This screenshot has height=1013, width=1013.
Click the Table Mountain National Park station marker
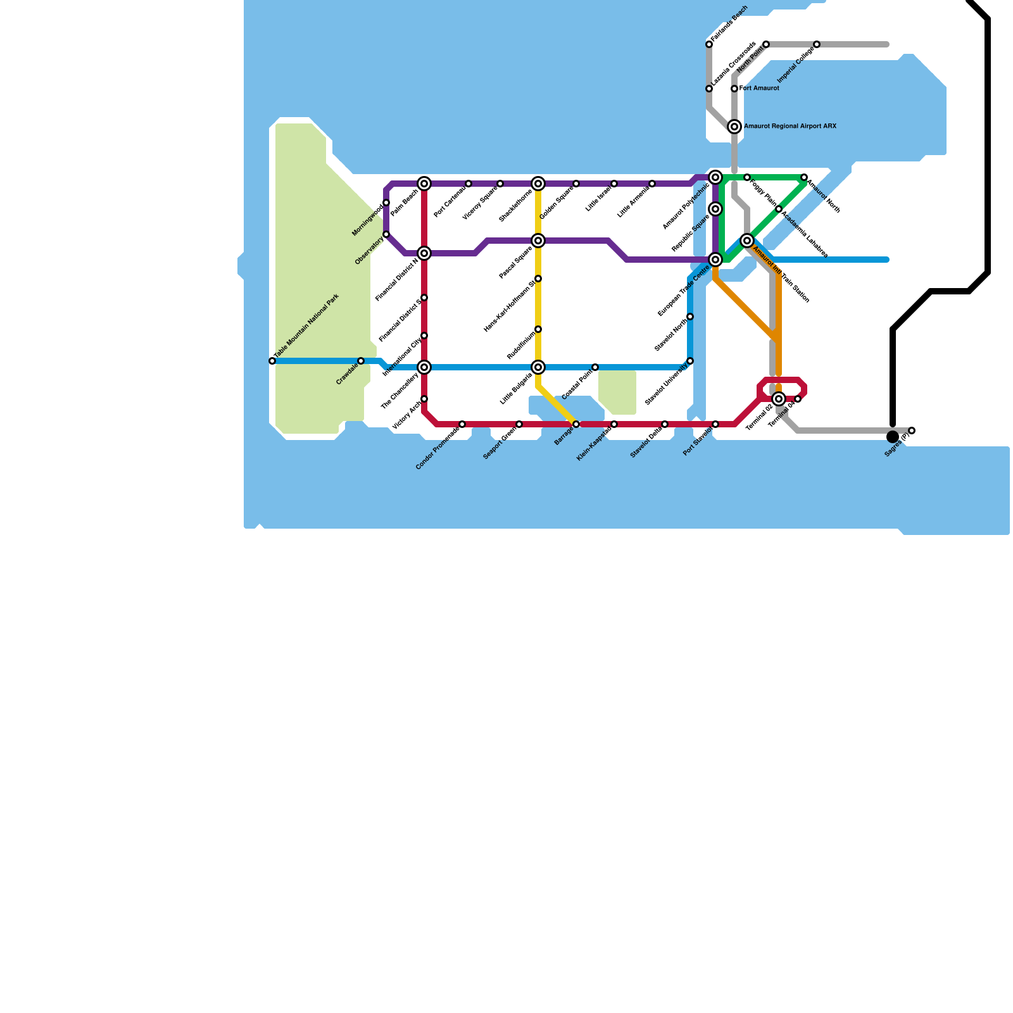(x=272, y=361)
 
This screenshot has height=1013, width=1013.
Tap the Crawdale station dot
(x=361, y=361)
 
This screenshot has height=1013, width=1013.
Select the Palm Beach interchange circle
(x=424, y=184)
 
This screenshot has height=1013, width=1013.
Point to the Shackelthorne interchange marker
(x=538, y=184)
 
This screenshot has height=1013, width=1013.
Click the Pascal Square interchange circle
(x=538, y=241)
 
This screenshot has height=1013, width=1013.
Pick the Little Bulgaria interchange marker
(x=538, y=367)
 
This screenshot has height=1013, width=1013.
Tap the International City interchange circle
(x=424, y=367)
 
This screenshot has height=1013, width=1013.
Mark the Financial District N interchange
(x=424, y=253)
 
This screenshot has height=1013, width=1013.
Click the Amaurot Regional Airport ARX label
(x=790, y=127)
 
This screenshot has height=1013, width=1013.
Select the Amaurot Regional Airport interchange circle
(x=734, y=127)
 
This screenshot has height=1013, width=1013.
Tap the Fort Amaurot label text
(x=759, y=89)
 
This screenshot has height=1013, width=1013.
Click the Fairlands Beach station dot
(x=709, y=44)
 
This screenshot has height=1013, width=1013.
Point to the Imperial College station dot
(x=817, y=44)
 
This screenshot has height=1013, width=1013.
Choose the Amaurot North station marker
(x=804, y=177)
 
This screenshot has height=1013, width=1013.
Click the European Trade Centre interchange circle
(x=715, y=260)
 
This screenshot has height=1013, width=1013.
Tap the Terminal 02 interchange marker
(x=779, y=399)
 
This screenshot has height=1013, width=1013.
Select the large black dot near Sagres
(x=893, y=437)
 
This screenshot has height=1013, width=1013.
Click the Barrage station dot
(x=576, y=424)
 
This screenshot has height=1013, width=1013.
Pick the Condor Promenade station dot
(x=462, y=424)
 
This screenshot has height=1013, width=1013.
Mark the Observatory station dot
(x=386, y=234)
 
